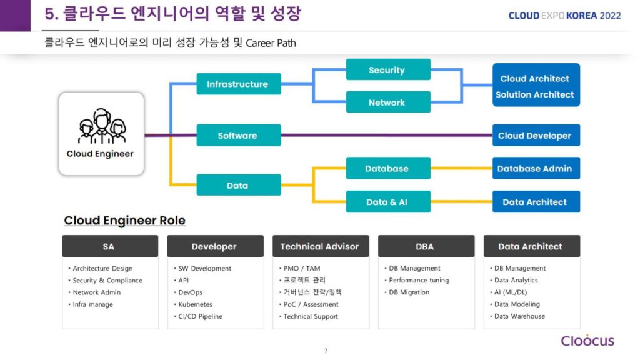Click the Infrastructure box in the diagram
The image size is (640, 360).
(x=238, y=84)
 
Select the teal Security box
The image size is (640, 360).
(x=387, y=70)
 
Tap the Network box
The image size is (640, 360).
(x=387, y=102)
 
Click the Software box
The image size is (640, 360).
(x=238, y=136)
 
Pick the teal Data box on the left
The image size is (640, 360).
(x=238, y=185)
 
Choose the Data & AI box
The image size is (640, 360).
(x=387, y=202)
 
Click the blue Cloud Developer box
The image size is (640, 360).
(x=535, y=136)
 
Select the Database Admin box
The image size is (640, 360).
(x=535, y=168)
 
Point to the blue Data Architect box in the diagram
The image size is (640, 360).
(x=535, y=202)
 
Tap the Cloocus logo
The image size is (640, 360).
(x=587, y=341)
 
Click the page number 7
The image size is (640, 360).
(x=326, y=351)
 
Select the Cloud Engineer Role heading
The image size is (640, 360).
(x=125, y=221)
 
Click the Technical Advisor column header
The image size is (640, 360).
(x=320, y=246)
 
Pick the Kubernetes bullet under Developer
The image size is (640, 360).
(x=195, y=304)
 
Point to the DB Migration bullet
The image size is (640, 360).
(x=409, y=292)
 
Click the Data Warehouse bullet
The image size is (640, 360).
(x=519, y=316)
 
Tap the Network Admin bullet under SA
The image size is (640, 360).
(x=96, y=292)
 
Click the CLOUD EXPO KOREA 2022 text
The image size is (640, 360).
(x=564, y=16)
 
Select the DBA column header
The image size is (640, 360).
(x=425, y=246)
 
